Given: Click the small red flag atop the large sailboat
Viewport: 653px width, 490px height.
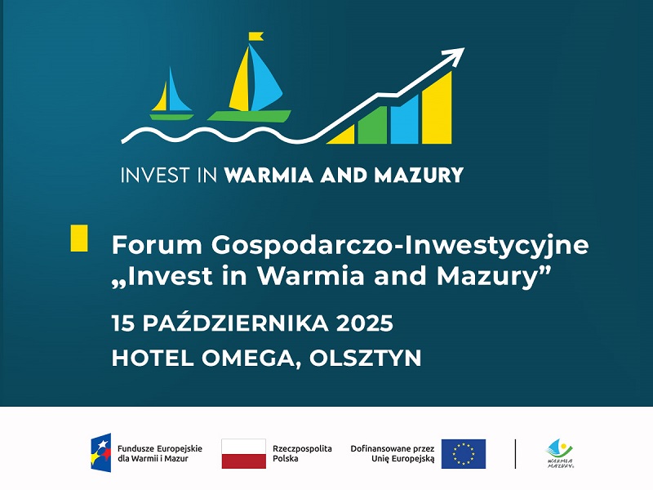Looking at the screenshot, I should [x=256, y=36].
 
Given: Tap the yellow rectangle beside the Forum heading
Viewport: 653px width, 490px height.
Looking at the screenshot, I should [x=79, y=238].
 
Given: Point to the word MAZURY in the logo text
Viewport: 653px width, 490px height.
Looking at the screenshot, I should [x=421, y=175].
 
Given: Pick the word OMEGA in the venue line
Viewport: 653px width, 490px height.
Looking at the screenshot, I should [x=248, y=358].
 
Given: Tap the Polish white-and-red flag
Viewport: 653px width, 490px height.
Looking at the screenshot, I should [x=243, y=453].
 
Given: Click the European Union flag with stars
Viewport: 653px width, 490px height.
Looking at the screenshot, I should [x=464, y=453].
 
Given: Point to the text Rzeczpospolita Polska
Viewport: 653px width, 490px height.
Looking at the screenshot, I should [x=302, y=453].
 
